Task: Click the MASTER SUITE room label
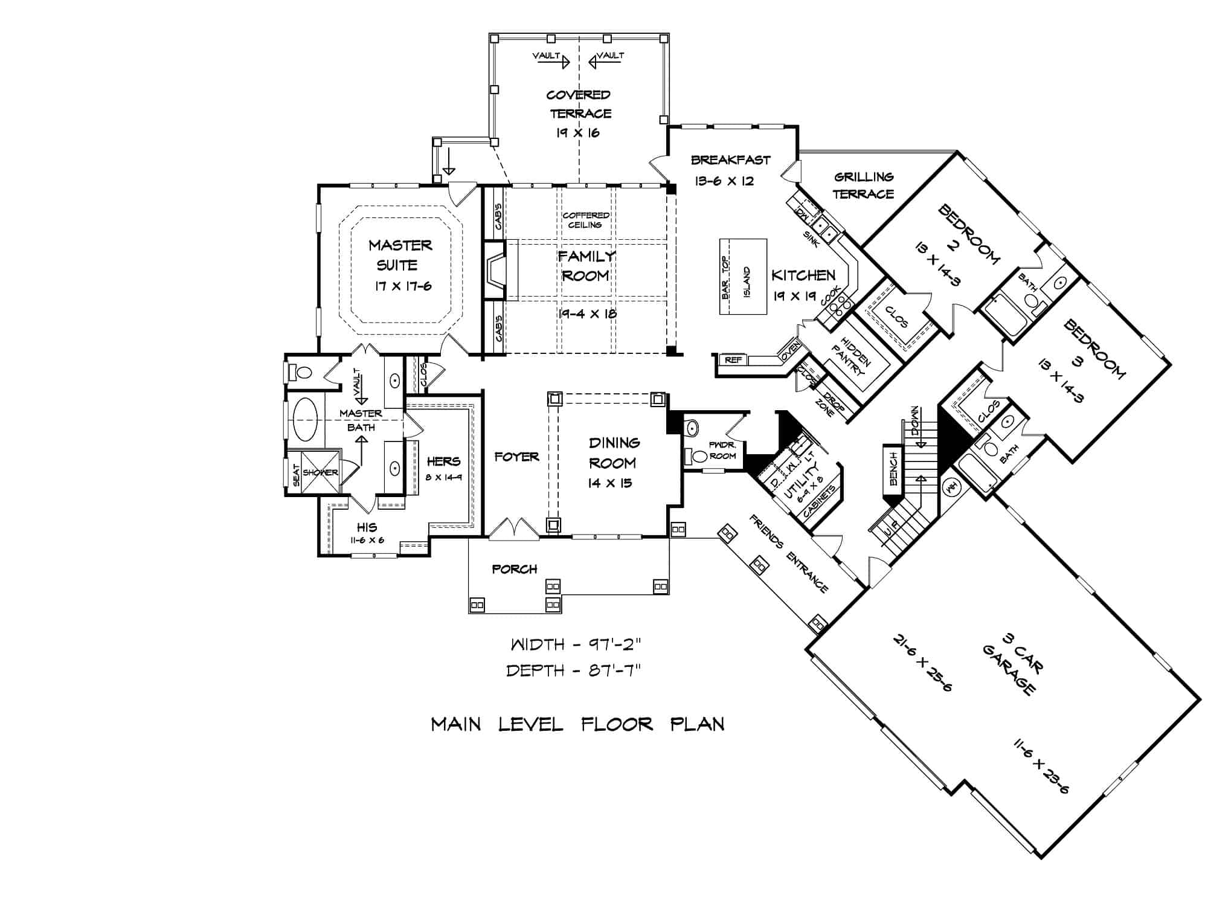[x=400, y=254]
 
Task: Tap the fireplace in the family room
[x=495, y=271]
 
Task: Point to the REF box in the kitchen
[x=733, y=360]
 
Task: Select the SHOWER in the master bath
[x=320, y=472]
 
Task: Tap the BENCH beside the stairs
[x=893, y=469]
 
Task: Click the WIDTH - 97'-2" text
[x=575, y=644]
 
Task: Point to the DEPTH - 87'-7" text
[x=573, y=670]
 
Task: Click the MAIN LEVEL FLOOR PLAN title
[x=577, y=724]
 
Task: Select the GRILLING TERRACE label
[x=864, y=185]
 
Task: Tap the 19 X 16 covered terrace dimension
[x=578, y=133]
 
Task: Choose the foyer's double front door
[x=513, y=528]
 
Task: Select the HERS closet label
[x=443, y=461]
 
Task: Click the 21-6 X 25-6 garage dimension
[x=922, y=670]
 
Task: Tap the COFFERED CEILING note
[x=586, y=220]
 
